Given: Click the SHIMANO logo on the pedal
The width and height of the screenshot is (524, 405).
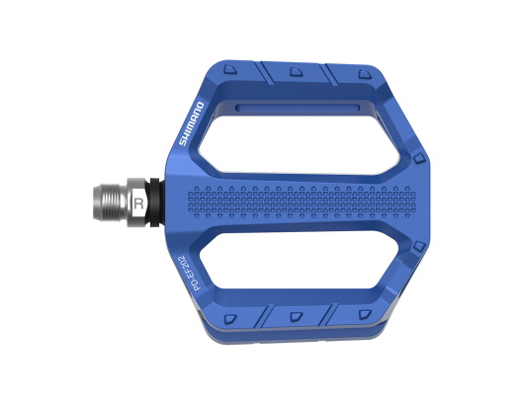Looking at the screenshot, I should (191, 123).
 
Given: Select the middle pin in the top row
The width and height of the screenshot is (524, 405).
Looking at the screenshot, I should (296, 71).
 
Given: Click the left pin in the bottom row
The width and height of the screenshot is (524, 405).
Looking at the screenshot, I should (230, 318).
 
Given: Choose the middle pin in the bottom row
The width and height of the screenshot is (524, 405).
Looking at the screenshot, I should (296, 317).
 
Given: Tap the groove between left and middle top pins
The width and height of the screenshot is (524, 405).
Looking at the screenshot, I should (263, 72).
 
